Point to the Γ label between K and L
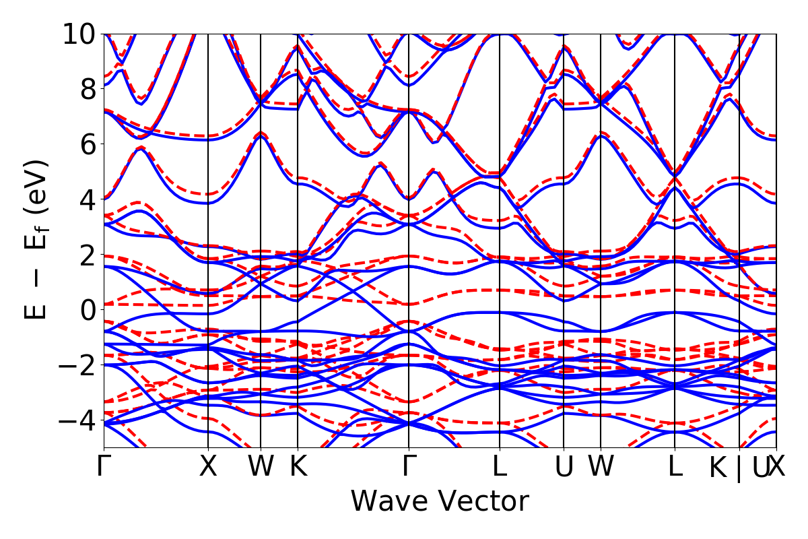(409, 467)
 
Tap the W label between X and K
(261, 467)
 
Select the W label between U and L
(601, 467)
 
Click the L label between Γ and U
(500, 467)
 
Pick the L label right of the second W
(675, 467)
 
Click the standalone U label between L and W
(564, 467)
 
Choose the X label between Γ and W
(208, 467)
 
